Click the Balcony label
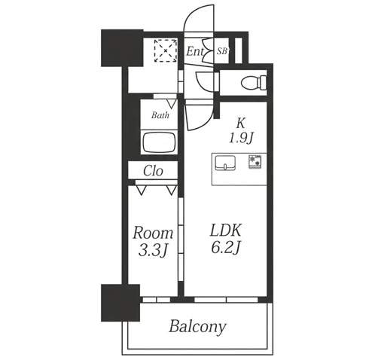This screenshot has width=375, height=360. pyautogui.click(x=197, y=327)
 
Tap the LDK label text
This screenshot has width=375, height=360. pyautogui.click(x=226, y=230)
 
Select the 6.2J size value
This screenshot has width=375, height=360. pyautogui.click(x=226, y=248)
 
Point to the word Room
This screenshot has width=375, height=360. pyautogui.click(x=153, y=233)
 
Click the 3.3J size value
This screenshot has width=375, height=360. pyautogui.click(x=153, y=251)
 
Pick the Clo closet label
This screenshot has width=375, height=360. pyautogui.click(x=153, y=171)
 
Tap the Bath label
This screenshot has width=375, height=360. pyautogui.click(x=160, y=115)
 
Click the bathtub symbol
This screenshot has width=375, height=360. pyautogui.click(x=159, y=142)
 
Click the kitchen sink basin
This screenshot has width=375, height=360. pyautogui.click(x=225, y=163)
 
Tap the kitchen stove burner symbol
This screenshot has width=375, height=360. pyautogui.click(x=255, y=161)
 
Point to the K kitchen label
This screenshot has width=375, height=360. pyautogui.click(x=240, y=124)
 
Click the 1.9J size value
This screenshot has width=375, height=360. pyautogui.click(x=241, y=138)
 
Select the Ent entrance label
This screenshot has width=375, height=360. pyautogui.click(x=194, y=51)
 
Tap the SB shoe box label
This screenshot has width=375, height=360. pyautogui.click(x=222, y=51)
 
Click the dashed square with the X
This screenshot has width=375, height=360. pyautogui.click(x=166, y=50)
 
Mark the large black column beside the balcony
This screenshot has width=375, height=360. pyautogui.click(x=120, y=303)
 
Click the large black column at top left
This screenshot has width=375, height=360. pyautogui.click(x=122, y=48)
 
